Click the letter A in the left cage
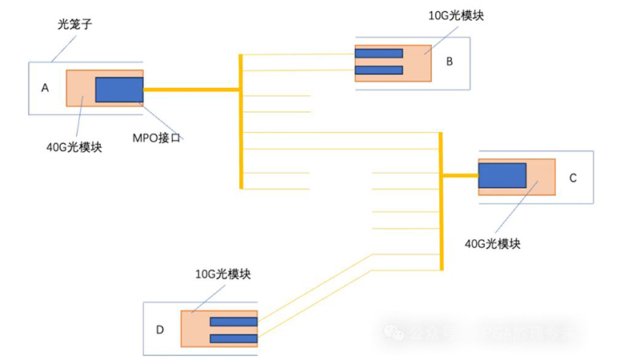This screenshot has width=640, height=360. point(45,88)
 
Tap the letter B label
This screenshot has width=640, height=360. point(450,61)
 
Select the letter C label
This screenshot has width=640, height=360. point(573,178)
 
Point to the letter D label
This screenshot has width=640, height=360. point(160,330)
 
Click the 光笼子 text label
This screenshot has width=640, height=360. point(69,25)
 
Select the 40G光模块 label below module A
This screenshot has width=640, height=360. point(74,146)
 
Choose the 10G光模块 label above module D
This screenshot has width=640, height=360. point(223,274)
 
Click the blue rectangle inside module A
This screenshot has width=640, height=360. point(119,90)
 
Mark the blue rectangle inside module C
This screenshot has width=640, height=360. point(502,176)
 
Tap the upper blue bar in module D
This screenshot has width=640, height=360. point(234,322)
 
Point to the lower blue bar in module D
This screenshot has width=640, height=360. point(234,338)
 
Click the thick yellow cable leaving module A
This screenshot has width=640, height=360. point(191,90)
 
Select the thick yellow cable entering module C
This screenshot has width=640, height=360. point(460,176)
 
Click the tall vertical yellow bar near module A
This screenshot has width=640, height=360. point(241,121)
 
